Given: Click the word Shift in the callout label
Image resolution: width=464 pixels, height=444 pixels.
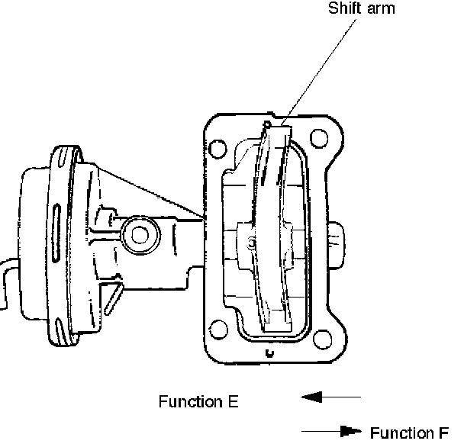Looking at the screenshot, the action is click(344, 8).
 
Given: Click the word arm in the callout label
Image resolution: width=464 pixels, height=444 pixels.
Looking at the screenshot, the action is click(381, 9).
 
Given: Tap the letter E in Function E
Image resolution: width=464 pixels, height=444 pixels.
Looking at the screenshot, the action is click(234, 401).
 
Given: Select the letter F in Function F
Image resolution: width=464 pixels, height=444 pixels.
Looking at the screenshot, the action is click(443, 433).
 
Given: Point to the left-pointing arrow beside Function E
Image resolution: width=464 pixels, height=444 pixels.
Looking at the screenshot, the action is click(331, 397).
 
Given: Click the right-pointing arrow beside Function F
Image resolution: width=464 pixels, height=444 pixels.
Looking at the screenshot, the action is click(331, 431).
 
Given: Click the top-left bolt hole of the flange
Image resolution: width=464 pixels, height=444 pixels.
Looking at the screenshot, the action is click(217, 149).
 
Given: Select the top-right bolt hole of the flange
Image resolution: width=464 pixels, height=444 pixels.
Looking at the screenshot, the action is click(319, 138).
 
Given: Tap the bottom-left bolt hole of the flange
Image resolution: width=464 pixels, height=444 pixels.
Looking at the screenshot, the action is click(219, 330).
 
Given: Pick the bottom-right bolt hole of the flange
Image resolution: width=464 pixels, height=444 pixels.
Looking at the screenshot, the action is click(322, 339).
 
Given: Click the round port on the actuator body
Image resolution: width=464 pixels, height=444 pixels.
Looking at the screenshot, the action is click(140, 235).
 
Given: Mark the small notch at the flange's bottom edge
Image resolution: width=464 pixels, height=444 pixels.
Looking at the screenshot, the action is click(269, 353).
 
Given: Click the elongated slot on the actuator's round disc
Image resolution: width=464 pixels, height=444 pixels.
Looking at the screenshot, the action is click(56, 233).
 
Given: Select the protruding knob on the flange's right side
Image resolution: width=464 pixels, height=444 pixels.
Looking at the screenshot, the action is click(336, 246).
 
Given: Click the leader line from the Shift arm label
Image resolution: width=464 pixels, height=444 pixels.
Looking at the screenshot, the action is click(318, 72).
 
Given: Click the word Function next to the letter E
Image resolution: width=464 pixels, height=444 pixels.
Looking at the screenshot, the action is click(191, 401).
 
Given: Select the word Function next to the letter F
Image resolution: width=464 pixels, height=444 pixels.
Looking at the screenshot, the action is click(402, 433).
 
